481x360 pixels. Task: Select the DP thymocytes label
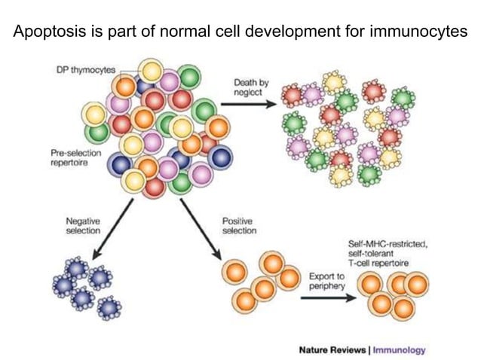86,70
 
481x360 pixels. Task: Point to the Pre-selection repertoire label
71,157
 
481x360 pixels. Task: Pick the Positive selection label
239,225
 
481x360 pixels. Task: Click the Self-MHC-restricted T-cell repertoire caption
388,252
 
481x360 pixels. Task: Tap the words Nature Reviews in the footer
332,349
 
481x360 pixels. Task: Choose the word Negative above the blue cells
83,220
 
